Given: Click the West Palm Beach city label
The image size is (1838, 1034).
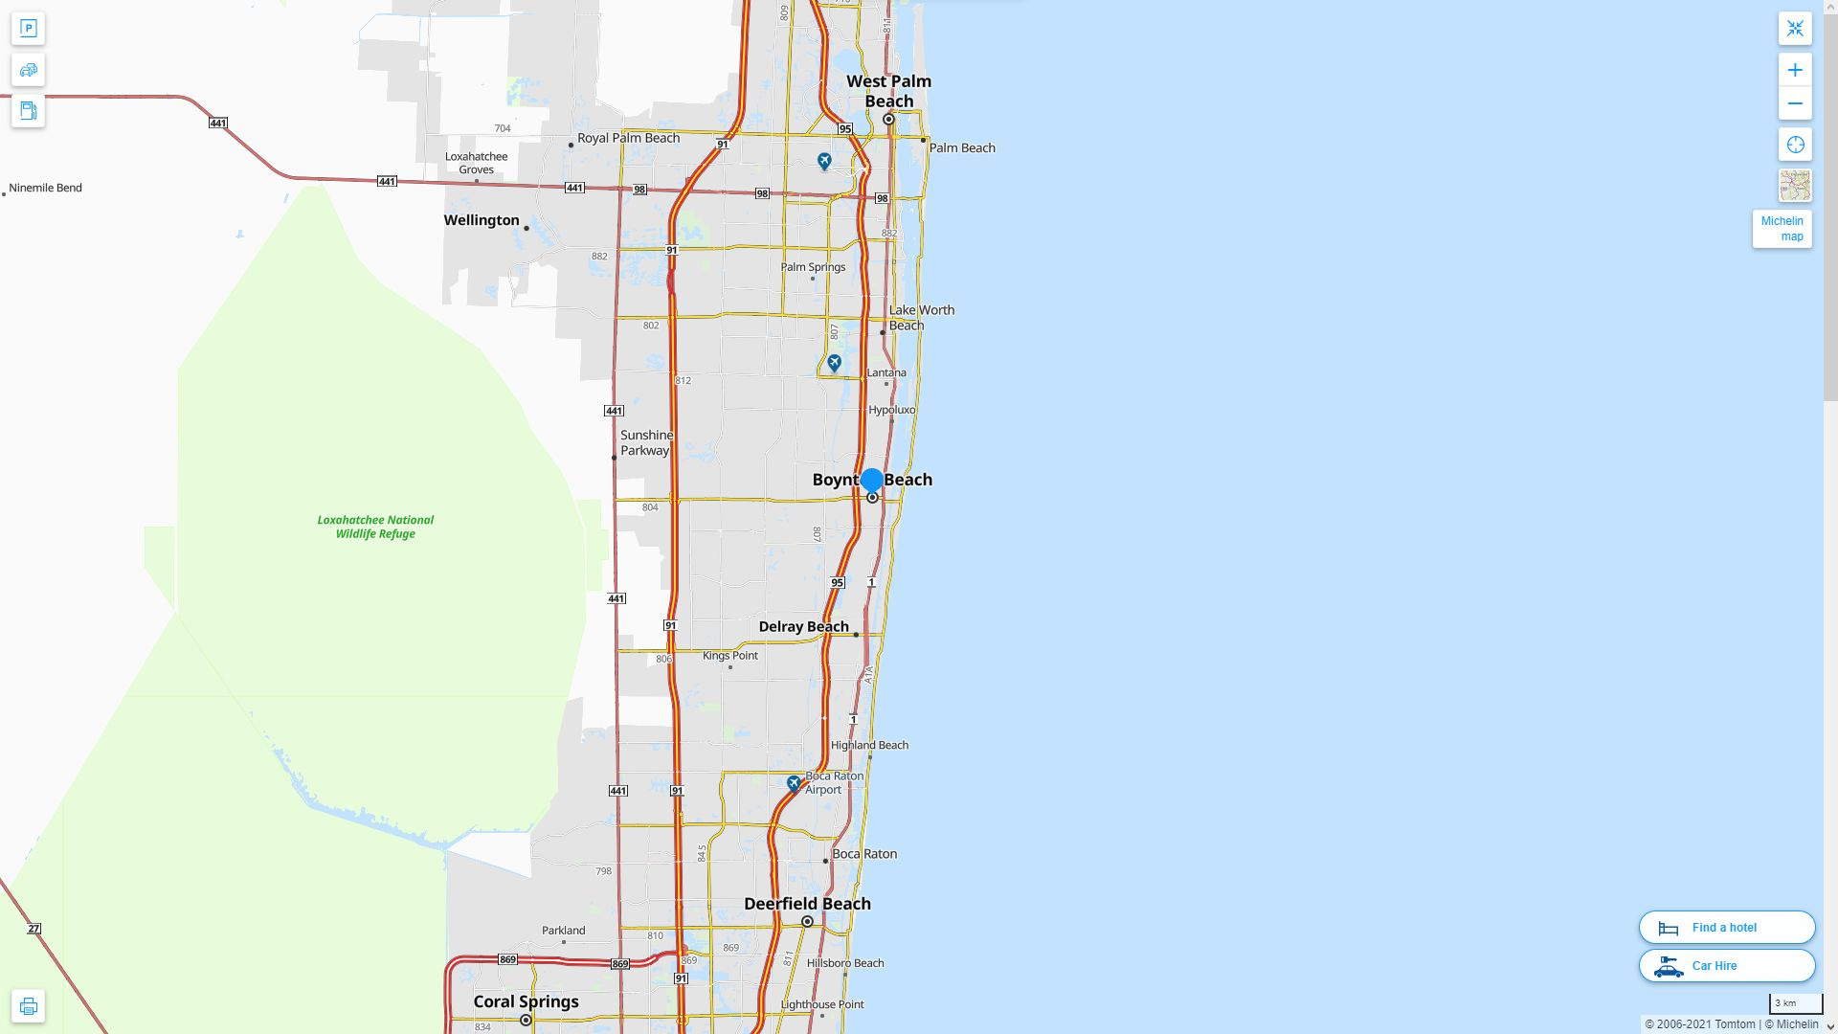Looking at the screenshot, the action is click(x=888, y=91).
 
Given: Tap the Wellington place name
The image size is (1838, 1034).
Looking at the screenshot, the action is click(x=482, y=220).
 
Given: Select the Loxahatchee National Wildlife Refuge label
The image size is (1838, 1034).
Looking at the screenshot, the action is click(x=375, y=527).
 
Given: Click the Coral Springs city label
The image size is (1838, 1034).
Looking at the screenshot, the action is click(x=526, y=1001).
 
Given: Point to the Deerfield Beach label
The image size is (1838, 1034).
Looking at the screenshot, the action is click(x=807, y=904).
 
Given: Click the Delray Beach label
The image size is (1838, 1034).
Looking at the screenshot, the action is click(x=803, y=626).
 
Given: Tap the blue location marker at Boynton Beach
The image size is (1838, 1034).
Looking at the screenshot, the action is click(x=871, y=480).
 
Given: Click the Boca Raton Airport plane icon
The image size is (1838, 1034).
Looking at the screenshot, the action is click(x=794, y=783).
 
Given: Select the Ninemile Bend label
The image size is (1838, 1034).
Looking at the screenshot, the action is click(x=46, y=188).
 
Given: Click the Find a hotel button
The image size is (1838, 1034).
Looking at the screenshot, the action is click(x=1726, y=928).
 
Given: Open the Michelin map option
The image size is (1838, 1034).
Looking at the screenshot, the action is click(x=1782, y=229).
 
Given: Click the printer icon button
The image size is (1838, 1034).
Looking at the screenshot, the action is click(x=28, y=1006).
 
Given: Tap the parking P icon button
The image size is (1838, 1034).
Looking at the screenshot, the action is click(x=28, y=29).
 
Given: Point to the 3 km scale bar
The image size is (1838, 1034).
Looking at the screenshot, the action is click(x=1795, y=1004).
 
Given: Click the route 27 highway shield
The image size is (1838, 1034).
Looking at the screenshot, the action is click(x=34, y=929).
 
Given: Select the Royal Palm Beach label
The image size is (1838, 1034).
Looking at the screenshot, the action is click(x=628, y=138).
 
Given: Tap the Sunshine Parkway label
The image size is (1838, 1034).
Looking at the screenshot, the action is click(x=646, y=442).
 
